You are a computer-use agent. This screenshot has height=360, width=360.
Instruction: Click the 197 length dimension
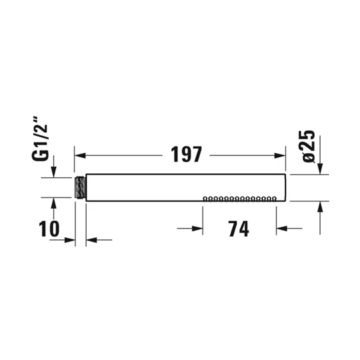point(187,154)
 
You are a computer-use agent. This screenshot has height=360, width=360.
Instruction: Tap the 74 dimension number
point(239,229)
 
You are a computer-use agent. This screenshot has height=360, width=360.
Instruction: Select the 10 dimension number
point(49,229)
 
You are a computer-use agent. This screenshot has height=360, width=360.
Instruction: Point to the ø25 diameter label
point(309,146)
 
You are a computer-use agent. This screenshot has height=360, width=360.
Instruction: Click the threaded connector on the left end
point(81,188)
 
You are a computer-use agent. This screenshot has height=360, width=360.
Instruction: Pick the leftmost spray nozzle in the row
point(205,199)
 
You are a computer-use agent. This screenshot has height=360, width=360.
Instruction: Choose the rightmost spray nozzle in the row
point(274,199)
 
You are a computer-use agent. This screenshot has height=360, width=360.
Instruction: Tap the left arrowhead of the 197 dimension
point(80,155)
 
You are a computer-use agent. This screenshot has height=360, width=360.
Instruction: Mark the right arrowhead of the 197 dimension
point(280,155)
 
